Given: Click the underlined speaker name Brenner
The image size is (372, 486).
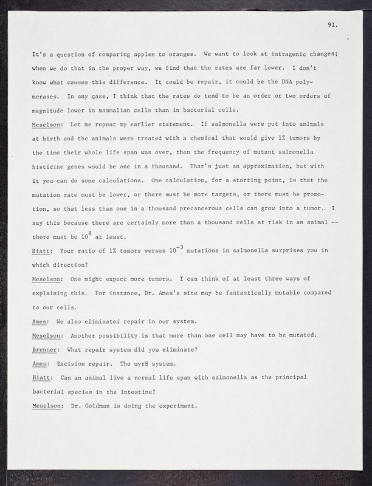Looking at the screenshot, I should coord(46,349).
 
